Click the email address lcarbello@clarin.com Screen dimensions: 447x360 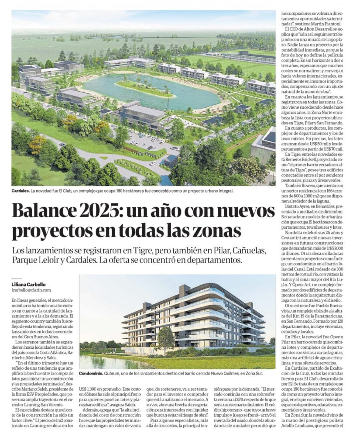[31, 289]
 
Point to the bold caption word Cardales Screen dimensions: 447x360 [21, 191]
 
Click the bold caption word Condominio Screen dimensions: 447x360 [93, 374]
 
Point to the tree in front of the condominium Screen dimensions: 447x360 [165, 337]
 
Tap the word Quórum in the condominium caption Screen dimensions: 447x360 [116, 374]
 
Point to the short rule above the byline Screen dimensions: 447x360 [16, 279]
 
